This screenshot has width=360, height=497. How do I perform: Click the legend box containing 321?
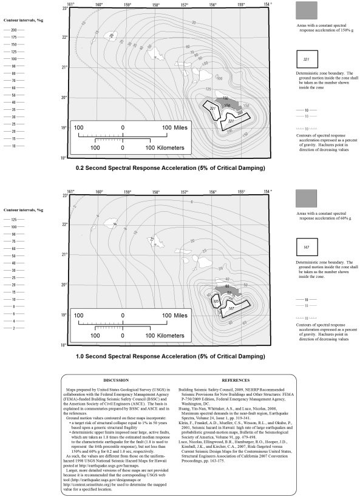click(309, 59)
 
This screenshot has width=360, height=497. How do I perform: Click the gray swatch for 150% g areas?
click(309, 11)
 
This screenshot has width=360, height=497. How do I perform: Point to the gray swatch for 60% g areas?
click(309, 199)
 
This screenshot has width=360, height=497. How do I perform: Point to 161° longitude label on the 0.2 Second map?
click(70, 4)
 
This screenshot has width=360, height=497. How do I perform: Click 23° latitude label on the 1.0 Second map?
click(63, 195)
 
